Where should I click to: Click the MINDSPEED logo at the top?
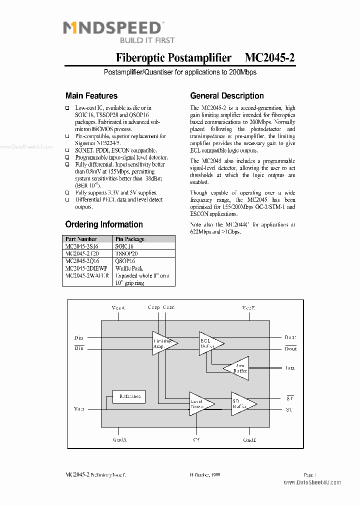pyautogui.click(x=112, y=28)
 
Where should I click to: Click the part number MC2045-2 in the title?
pyautogui.click(x=269, y=58)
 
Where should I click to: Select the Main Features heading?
pyautogui.click(x=91, y=96)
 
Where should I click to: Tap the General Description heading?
pyautogui.click(x=227, y=96)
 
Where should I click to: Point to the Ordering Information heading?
pyautogui.click(x=104, y=224)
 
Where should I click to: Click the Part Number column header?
pyautogui.click(x=81, y=239)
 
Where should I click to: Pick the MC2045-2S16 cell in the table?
pyautogui.click(x=82, y=246)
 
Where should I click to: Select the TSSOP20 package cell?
pyautogui.click(x=126, y=253)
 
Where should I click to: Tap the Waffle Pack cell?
pyautogui.click(x=129, y=268)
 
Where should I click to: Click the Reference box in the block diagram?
pyautogui.click(x=129, y=396)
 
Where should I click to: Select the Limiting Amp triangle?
pyautogui.click(x=162, y=343)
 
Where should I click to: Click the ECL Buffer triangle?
pyautogui.click(x=209, y=342)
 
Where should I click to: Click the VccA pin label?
pyautogui.click(x=118, y=308)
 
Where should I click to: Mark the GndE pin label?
pyautogui.click(x=249, y=440)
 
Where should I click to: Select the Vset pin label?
pyautogui.click(x=79, y=408)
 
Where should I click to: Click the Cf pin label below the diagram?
pyautogui.click(x=196, y=440)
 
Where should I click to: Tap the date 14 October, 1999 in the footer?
pyautogui.click(x=204, y=474)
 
